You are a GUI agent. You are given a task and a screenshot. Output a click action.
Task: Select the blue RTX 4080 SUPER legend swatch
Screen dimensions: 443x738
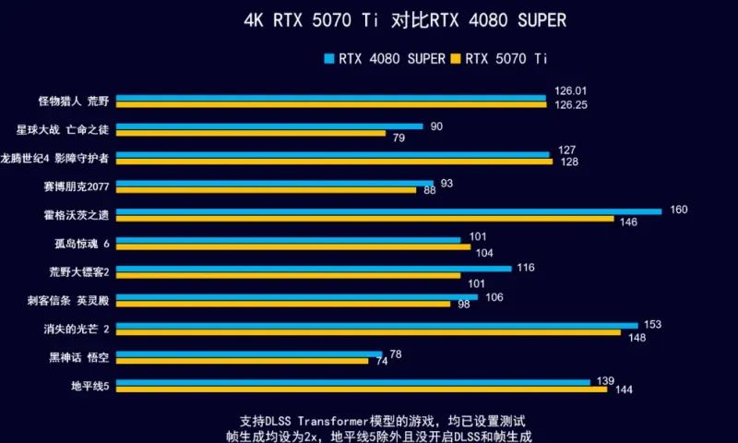[328, 58]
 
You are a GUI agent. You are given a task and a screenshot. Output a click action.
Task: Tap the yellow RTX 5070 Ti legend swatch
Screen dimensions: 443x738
[456, 58]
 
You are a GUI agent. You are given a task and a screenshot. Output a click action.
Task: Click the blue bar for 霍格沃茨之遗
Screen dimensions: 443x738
[388, 211]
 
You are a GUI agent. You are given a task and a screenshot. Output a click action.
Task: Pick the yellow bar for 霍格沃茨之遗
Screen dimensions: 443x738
[364, 219]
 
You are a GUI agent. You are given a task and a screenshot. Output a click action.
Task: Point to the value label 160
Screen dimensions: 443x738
[679, 210]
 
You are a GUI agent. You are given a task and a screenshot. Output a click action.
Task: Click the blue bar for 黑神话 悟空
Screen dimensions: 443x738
[248, 353]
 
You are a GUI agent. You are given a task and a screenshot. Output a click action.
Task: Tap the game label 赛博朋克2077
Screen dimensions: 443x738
[77, 186]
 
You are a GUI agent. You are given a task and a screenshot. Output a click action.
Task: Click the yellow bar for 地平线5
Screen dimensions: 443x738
[361, 389]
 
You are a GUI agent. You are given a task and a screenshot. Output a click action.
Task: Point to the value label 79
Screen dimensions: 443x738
[399, 138]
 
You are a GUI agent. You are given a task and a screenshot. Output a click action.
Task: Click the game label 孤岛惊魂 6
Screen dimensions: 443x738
[82, 244]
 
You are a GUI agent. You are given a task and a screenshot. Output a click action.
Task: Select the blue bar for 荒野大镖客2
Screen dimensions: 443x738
[314, 269]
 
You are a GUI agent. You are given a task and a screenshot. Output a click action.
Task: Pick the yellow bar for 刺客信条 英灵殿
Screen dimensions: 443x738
[283, 304]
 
